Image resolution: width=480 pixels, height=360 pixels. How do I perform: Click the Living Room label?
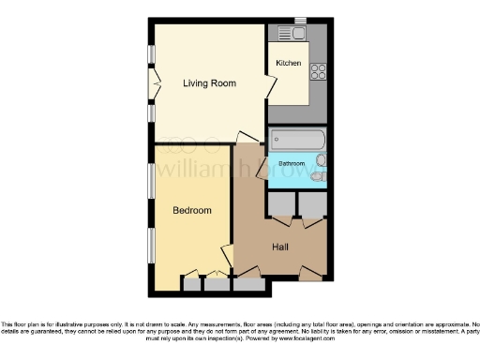click(x=209, y=83)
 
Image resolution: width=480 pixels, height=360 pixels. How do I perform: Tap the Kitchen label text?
click(x=288, y=63)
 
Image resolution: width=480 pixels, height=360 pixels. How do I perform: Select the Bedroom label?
click(x=191, y=210)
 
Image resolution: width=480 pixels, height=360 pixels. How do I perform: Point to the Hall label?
click(x=279, y=247)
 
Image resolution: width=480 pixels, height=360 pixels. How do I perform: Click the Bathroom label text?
click(x=292, y=165)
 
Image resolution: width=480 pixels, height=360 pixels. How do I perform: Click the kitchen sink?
click(x=299, y=35)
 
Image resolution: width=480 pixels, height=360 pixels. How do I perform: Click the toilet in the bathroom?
click(x=320, y=175)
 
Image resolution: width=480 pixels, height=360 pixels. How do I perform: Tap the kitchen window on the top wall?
click(x=300, y=21)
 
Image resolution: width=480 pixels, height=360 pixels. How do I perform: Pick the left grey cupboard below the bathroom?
click(x=280, y=204)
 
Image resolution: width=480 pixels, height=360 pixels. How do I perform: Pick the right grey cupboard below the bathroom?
click(x=311, y=204)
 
